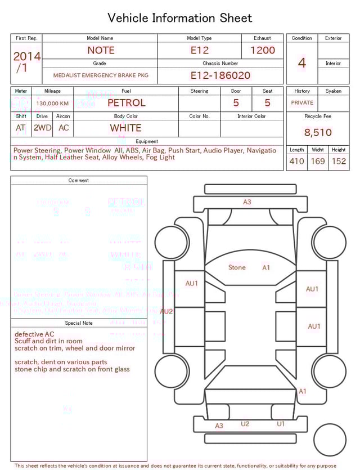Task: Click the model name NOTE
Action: pos(100,50)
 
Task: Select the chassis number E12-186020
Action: pos(220,75)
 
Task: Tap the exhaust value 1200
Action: pos(263,50)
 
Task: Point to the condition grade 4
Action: pos(302,62)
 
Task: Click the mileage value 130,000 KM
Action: pos(52,104)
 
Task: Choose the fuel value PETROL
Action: pos(126,103)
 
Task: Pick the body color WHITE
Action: pos(125,128)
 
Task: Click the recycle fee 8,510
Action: pos(318,133)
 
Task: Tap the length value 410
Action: pos(296,162)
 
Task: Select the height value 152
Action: pos(339,162)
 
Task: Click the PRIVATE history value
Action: pos(302,103)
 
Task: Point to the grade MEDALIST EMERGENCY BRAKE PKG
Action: pos(101,75)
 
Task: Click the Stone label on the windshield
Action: pos(237,267)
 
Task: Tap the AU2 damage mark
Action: pos(166,311)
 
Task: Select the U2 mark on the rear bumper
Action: pos(245,424)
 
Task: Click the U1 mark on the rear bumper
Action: pos(281,424)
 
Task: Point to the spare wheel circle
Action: pos(330,439)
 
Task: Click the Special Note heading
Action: pos(79,323)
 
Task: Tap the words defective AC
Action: pos(38,334)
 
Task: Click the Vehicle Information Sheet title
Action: pos(180,18)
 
